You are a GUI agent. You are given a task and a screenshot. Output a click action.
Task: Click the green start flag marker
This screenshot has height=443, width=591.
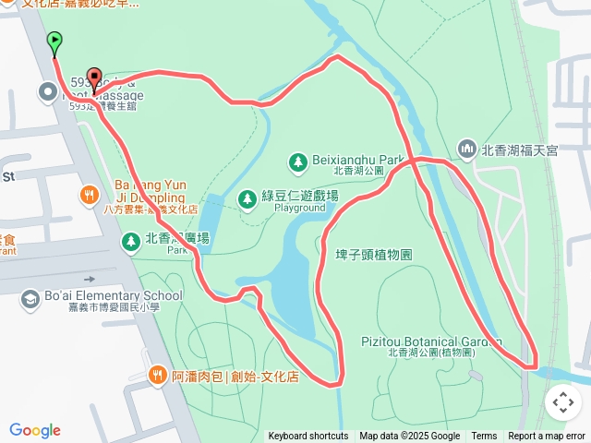click(54, 42)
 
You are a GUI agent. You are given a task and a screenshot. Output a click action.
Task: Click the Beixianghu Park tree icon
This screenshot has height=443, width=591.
click(297, 162)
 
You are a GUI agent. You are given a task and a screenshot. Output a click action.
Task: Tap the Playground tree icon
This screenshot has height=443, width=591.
click(247, 198)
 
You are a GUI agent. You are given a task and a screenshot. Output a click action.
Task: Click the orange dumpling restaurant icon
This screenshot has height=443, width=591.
click(89, 195)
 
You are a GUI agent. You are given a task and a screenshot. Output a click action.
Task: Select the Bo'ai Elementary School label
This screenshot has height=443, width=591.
click(113, 296)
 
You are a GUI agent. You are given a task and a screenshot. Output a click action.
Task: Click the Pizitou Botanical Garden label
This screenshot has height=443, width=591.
click(431, 341)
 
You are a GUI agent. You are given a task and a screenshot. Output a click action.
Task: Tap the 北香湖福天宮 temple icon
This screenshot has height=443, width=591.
click(466, 149)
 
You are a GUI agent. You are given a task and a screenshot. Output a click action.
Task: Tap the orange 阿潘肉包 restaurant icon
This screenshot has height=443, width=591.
click(157, 376)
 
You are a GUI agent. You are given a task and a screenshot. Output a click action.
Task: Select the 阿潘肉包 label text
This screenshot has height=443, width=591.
click(235, 377)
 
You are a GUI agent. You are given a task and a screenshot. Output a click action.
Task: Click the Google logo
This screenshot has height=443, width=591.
click(35, 430)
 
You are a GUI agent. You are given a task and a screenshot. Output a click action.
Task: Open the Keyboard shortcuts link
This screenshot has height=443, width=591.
click(308, 437)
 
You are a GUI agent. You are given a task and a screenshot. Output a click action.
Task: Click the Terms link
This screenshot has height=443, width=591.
click(484, 437)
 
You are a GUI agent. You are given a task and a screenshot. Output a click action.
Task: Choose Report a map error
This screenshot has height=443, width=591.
click(547, 437)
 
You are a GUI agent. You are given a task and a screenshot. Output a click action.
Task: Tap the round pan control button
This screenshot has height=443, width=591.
click(563, 402)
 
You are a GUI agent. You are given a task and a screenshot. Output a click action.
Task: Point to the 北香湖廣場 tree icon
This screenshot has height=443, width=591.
click(131, 241)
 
